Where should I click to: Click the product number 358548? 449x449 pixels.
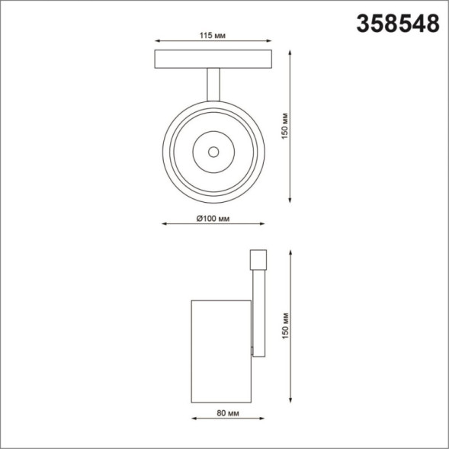[x=398, y=24]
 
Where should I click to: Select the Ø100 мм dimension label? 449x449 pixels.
[x=213, y=219]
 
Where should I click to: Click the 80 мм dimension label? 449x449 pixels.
[x=224, y=413]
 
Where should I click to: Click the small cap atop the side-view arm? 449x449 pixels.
[x=258, y=258]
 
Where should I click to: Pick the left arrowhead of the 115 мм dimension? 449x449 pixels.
[x=156, y=41]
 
